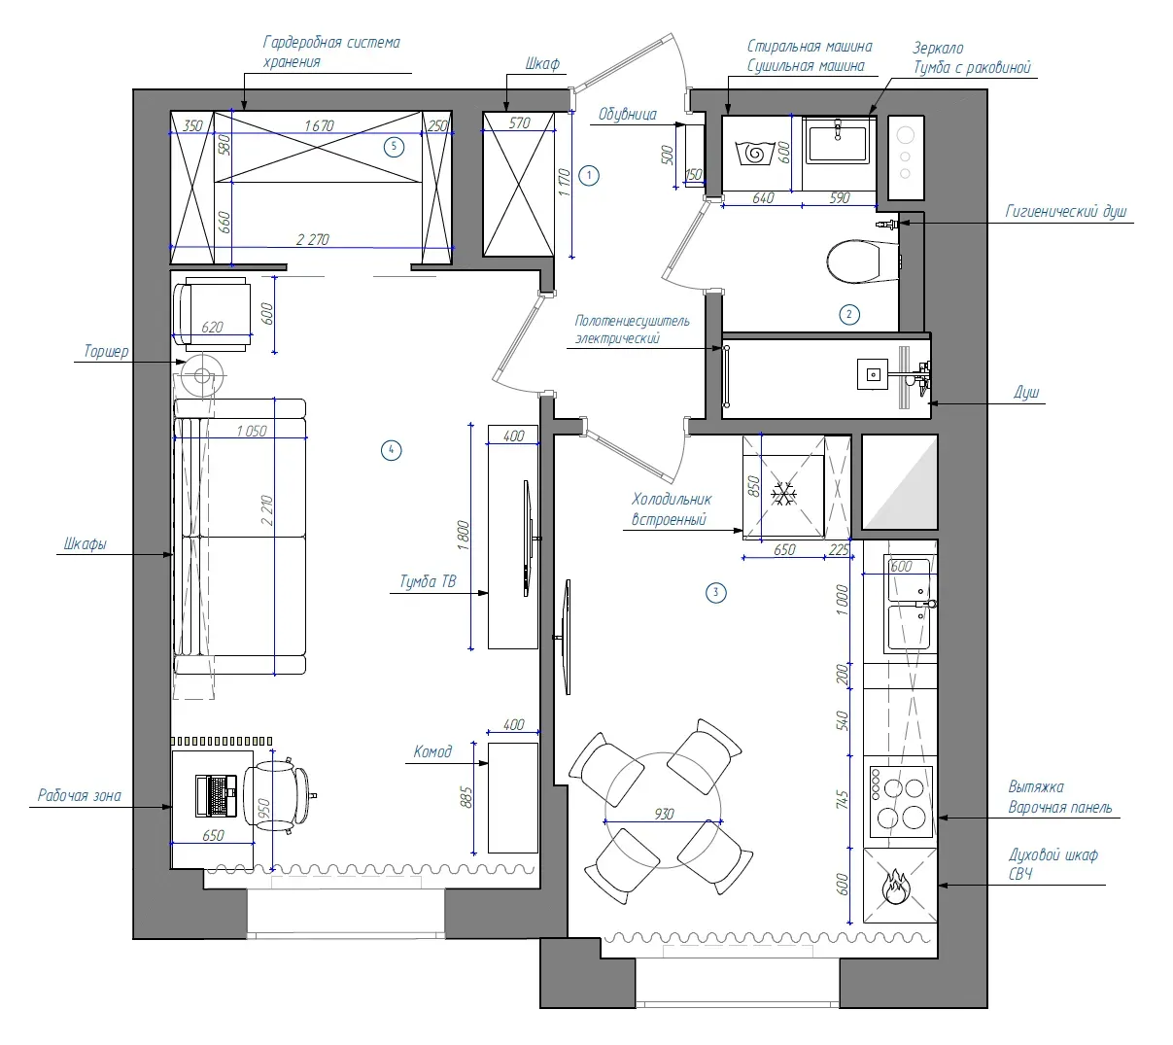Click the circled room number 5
(394, 147)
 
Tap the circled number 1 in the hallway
(589, 175)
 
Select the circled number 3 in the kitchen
(715, 592)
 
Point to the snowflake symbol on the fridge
(784, 494)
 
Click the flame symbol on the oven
(896, 886)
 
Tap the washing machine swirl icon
(754, 153)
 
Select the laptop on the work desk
(216, 795)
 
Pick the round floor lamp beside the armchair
(201, 375)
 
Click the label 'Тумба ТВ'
(428, 581)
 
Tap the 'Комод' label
(432, 751)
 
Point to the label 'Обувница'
(628, 114)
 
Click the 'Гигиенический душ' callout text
(1066, 212)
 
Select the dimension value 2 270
(313, 239)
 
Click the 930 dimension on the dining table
(664, 814)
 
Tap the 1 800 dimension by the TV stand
(464, 536)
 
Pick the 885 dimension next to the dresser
(466, 797)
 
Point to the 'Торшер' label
(106, 351)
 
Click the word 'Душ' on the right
(1026, 392)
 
